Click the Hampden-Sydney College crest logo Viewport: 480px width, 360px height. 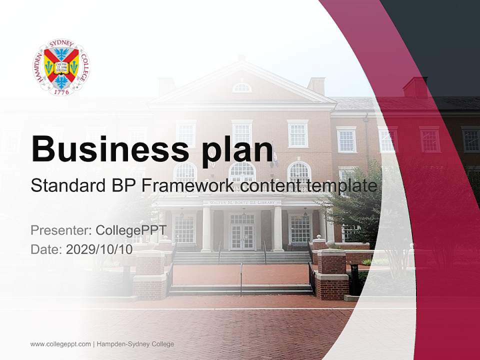pyautogui.click(x=61, y=67)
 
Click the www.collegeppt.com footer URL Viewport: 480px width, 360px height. pyautogui.click(x=60, y=344)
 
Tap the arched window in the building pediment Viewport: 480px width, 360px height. pyautogui.click(x=242, y=88)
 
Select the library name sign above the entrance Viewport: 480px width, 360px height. pyautogui.click(x=242, y=202)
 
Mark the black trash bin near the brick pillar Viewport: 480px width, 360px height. pyautogui.click(x=354, y=280)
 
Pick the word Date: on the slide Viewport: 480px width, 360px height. pyautogui.click(x=46, y=249)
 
